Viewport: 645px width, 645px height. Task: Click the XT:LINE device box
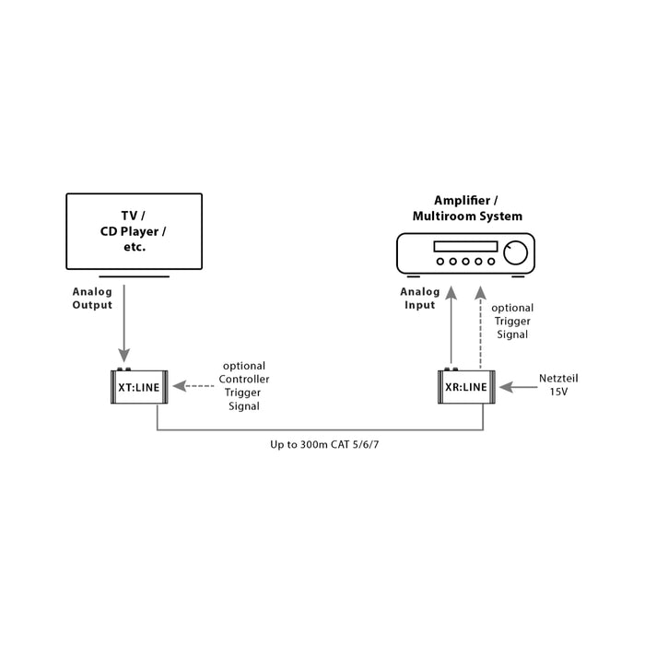click(138, 388)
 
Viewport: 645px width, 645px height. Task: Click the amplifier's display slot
click(464, 247)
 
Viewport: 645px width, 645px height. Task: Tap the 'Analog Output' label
click(92, 299)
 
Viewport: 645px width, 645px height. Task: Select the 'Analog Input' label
click(417, 299)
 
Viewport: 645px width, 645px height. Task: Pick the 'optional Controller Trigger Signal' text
click(244, 386)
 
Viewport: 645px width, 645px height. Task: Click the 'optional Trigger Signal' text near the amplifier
click(511, 322)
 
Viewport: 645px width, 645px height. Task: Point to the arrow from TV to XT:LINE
click(124, 322)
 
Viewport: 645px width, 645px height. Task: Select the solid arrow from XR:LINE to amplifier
click(451, 327)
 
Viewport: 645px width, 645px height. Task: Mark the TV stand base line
click(135, 275)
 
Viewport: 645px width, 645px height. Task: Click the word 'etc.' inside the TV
click(135, 248)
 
